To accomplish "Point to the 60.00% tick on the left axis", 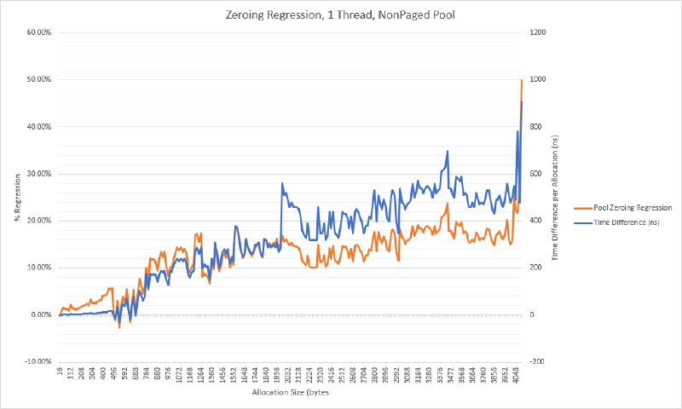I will [x=39, y=32].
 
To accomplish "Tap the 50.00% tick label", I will [x=39, y=79].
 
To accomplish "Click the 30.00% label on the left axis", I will [x=39, y=174].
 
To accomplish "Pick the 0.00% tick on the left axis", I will [x=41, y=314].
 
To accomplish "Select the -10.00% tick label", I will [x=38, y=361].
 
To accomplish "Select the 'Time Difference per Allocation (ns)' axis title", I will [x=555, y=197].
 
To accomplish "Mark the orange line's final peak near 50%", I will [x=522, y=80].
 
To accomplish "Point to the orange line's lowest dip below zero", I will [x=119, y=327].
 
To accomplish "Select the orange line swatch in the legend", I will [x=584, y=208].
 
